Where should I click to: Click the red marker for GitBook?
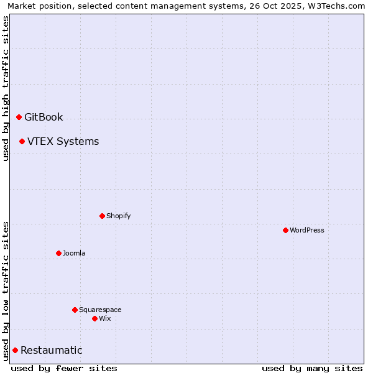point(19,117)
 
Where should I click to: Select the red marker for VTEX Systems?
point(22,141)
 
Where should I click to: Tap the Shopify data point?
point(102,216)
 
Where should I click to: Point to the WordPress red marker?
point(285,230)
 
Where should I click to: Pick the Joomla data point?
point(58,253)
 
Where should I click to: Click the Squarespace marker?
point(75,310)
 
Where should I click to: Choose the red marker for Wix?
point(94,318)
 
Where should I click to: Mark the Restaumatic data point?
point(15,350)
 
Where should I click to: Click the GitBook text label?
point(44,117)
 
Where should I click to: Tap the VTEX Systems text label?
point(63,141)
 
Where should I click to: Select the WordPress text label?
point(307,230)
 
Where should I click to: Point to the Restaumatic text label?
point(51,350)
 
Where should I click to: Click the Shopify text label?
point(118,216)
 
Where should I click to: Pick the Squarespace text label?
point(100,310)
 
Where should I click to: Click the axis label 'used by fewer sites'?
point(64,368)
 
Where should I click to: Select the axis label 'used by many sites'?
point(312,368)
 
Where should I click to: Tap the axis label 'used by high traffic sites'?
point(6,88)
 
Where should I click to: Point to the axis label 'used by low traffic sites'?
point(6,290)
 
